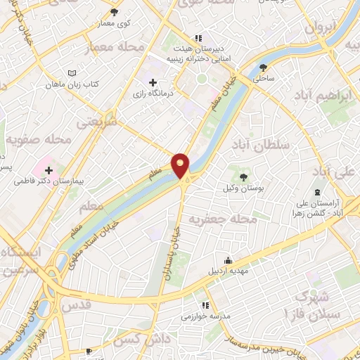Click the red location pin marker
(x=181, y=165)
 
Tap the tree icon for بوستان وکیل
(x=244, y=177)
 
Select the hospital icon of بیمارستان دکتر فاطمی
(x=49, y=170)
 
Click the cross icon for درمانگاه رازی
(x=153, y=83)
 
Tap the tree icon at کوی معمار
(x=115, y=12)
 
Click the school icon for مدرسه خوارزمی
(x=205, y=305)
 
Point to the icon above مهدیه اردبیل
(x=226, y=259)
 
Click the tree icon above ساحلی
(x=264, y=67)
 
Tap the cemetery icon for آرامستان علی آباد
(x=317, y=192)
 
